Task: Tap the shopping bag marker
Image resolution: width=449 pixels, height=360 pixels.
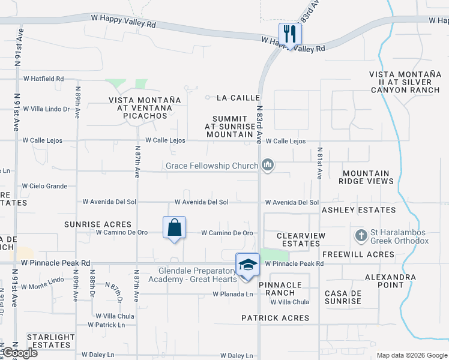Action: click(x=174, y=229)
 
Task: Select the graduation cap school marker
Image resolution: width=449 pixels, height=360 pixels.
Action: click(x=247, y=265)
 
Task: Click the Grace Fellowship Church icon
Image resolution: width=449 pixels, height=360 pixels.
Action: click(x=268, y=165)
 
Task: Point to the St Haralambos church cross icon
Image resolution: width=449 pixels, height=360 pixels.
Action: click(x=361, y=235)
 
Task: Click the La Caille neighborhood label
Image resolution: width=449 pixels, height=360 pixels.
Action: click(x=238, y=97)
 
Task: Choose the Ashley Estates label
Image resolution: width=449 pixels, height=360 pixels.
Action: click(x=358, y=210)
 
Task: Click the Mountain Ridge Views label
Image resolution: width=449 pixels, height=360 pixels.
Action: click(x=368, y=177)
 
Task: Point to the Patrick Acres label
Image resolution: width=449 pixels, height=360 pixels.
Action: click(x=276, y=317)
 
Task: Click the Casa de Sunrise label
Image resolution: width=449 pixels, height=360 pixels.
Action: click(x=343, y=297)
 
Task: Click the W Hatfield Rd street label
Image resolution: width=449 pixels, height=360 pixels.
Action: click(x=43, y=79)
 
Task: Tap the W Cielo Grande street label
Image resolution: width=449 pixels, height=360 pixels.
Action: click(x=45, y=187)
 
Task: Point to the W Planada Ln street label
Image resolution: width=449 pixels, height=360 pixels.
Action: click(x=232, y=294)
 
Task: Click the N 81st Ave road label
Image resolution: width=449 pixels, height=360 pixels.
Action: click(x=320, y=163)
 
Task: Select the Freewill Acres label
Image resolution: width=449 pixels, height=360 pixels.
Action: click(x=358, y=254)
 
